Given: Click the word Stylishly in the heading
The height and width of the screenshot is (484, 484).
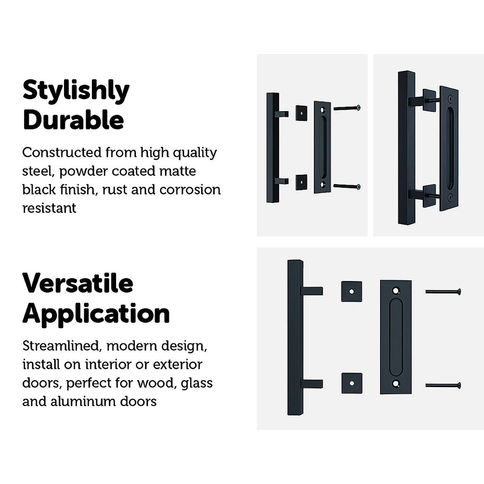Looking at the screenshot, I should pos(76,91).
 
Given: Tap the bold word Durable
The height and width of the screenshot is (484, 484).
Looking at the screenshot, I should pos(73,120).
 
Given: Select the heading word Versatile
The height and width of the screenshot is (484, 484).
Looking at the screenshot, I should pos(78,283).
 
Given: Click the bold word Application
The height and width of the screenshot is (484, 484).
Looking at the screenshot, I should pos(96,314).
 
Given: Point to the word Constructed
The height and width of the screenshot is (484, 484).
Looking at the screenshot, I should pos(62,152).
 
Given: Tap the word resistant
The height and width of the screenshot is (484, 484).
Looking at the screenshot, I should pos(49,208).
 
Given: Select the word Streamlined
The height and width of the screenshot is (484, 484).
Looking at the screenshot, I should pos(60,346).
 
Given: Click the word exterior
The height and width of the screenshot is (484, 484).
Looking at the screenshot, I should pos(177,364).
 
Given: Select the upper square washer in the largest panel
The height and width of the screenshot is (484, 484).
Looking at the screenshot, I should pos(351,291).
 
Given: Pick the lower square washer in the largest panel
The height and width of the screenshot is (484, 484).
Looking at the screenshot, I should pos(352,383).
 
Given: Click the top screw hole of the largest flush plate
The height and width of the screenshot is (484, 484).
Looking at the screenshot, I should pos(395,290).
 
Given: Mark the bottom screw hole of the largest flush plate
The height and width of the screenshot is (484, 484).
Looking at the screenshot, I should pos(395,384).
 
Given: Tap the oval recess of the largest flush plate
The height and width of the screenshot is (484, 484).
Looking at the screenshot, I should pos(396,337).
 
